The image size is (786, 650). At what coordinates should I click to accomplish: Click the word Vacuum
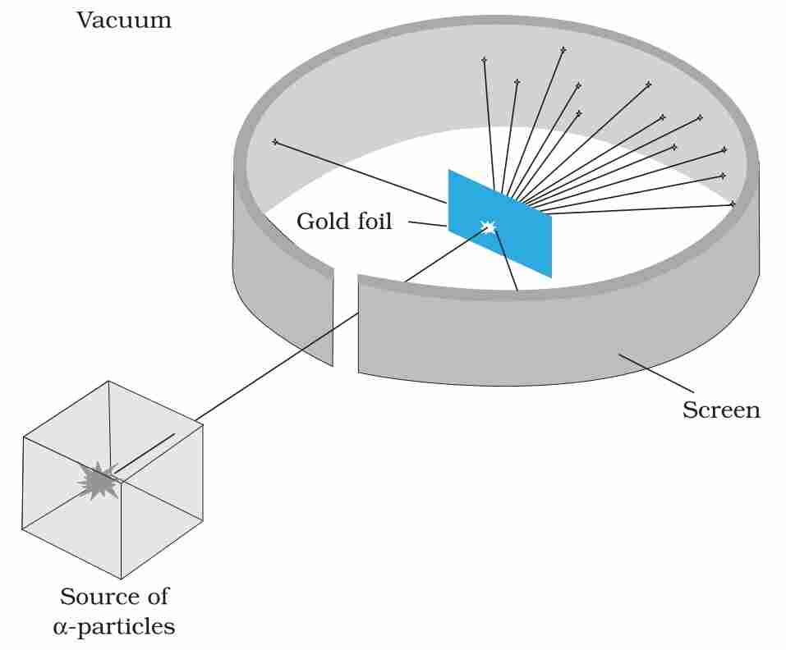124,20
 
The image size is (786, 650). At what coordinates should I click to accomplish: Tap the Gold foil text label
344,221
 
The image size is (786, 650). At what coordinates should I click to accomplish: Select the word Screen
720,410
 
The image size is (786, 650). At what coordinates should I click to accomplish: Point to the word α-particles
114,627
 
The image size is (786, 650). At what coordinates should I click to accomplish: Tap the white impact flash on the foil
490,227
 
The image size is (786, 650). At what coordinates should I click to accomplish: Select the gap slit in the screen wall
346,320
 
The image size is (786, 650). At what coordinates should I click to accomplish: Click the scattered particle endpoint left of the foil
275,143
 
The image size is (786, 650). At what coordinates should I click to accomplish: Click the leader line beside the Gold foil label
427,223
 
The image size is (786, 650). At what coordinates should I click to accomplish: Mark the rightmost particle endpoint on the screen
732,204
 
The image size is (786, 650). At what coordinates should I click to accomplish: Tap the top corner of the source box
109,382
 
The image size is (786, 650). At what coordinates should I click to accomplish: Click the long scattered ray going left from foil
361,173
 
